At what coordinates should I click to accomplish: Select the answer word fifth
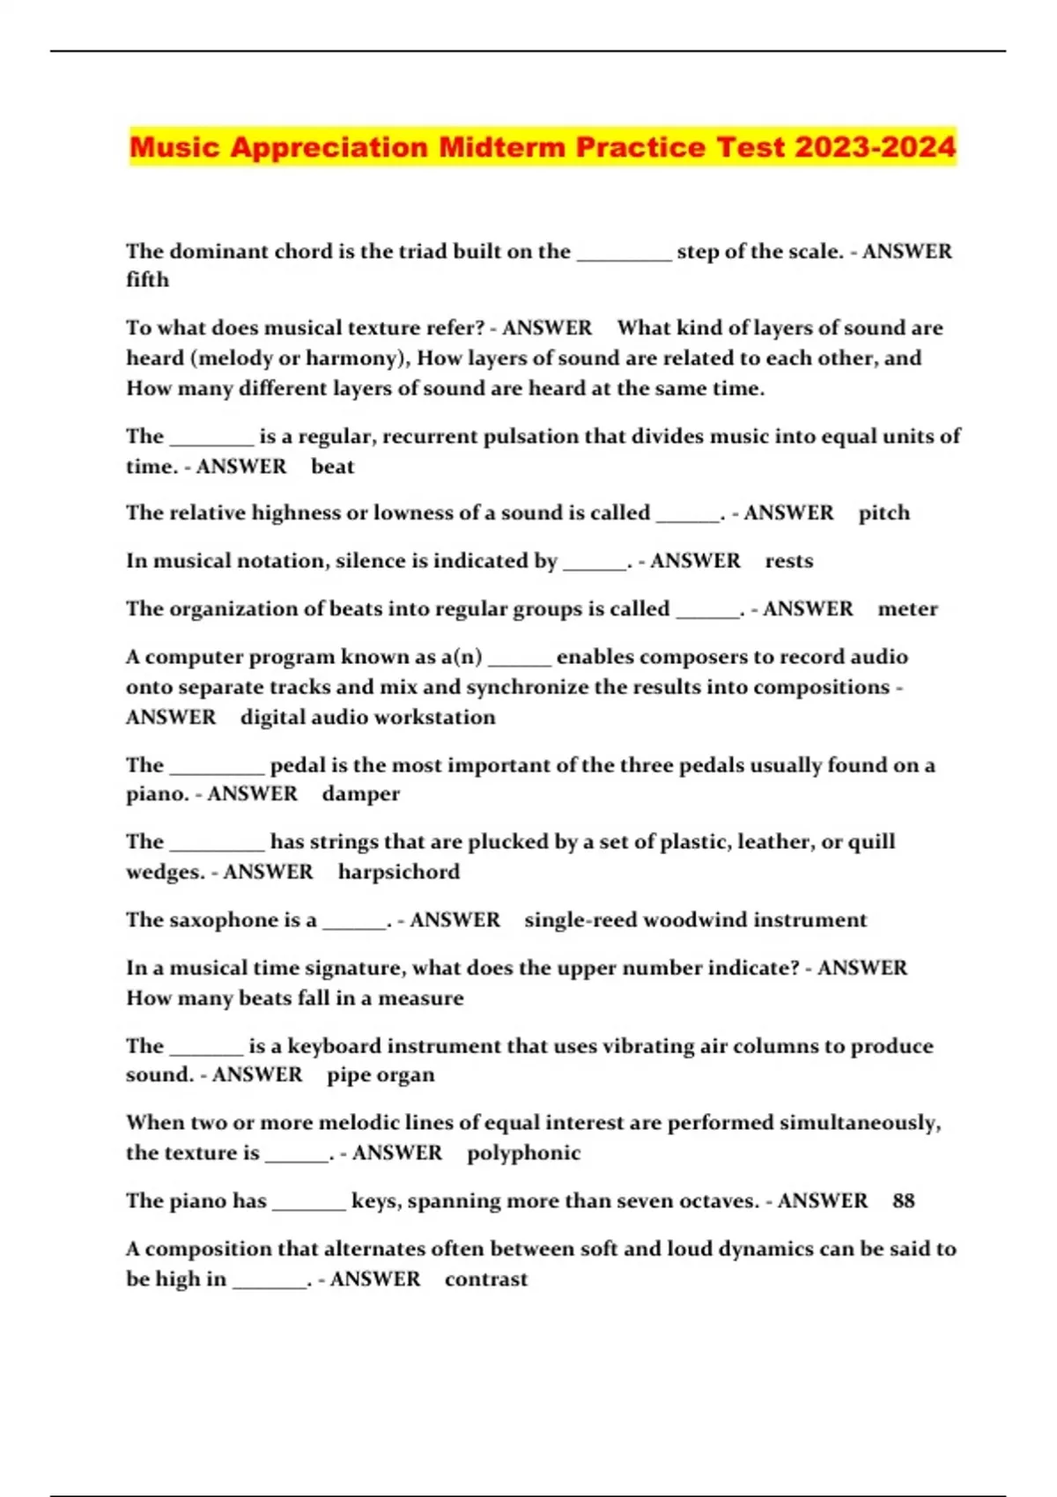tap(147, 280)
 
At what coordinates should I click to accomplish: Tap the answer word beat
tap(332, 467)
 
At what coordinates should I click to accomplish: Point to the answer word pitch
tap(883, 513)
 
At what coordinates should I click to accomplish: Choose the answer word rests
tap(788, 561)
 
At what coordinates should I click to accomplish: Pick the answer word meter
tap(907, 608)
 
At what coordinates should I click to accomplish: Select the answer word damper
tap(360, 794)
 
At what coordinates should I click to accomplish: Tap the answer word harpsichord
tap(398, 872)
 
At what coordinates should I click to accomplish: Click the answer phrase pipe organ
tap(381, 1075)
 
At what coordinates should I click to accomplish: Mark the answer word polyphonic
tap(523, 1153)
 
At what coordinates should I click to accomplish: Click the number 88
tap(903, 1201)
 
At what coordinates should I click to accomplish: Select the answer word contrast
tap(485, 1279)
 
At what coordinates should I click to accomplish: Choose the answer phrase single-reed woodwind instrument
tap(695, 920)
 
